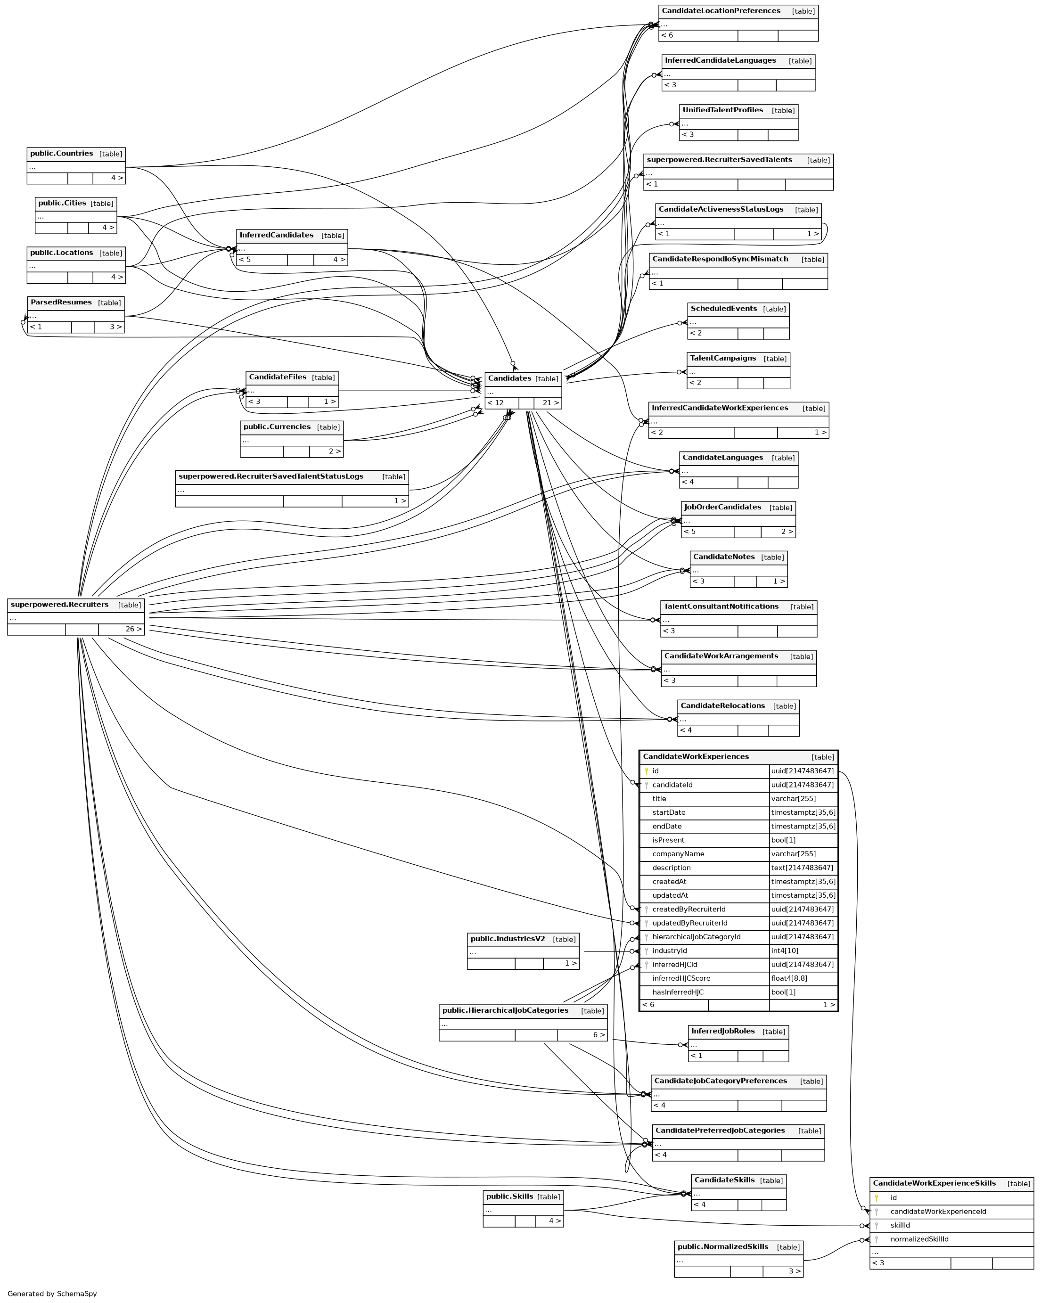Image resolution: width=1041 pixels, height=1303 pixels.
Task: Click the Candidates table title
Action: click(509, 378)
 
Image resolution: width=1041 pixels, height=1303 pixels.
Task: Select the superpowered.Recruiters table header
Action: click(60, 604)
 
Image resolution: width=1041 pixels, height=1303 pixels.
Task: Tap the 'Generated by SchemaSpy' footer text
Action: click(52, 1293)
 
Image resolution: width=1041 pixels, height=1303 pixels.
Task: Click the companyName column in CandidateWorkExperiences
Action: click(678, 854)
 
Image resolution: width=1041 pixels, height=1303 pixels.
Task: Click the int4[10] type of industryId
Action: click(784, 951)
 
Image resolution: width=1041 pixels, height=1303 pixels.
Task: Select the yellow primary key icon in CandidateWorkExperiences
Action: click(646, 771)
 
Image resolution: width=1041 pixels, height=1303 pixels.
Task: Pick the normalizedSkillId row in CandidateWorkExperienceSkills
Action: click(919, 1239)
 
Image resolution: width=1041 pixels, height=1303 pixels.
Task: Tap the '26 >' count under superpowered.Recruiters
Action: click(134, 629)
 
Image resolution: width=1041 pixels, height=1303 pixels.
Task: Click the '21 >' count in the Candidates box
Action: click(550, 403)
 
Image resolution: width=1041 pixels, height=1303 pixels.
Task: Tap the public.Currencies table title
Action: click(277, 426)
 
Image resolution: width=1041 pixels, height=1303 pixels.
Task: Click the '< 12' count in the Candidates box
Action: click(495, 403)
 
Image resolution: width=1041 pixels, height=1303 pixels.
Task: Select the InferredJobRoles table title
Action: click(722, 1031)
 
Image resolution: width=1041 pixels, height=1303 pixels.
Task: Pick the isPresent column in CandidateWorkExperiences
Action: click(668, 840)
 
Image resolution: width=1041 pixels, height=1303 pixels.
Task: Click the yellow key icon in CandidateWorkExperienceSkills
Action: click(876, 1198)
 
